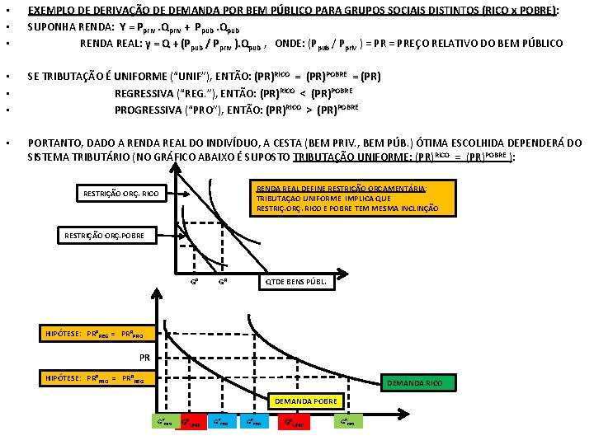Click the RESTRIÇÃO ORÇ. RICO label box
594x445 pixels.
click(122, 194)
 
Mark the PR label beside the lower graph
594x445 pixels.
click(144, 358)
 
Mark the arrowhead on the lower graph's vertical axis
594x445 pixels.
click(154, 290)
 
